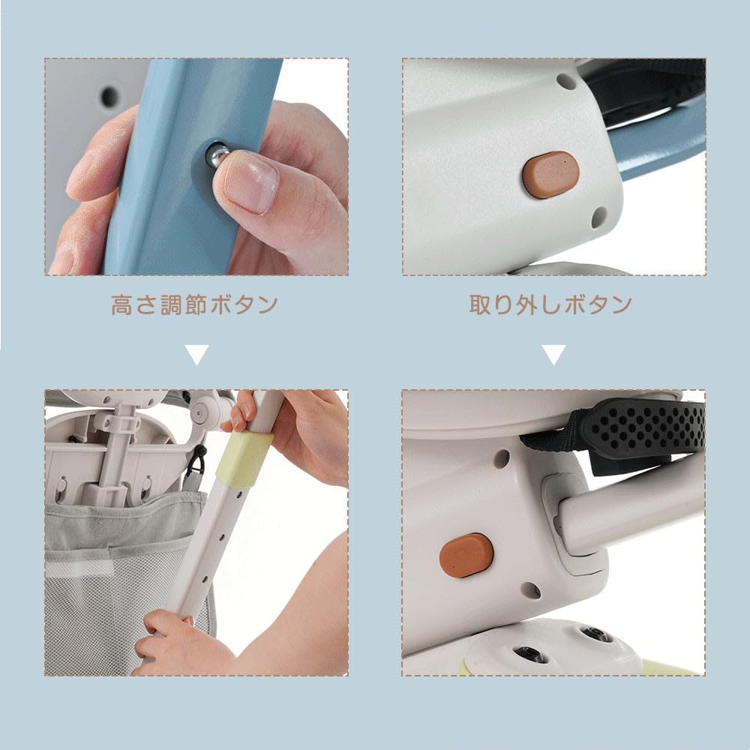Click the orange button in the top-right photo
point(551,174)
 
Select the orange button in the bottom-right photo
point(466,555)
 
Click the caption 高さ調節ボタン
point(195,304)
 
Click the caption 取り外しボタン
point(550,304)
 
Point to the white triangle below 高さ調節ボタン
point(197,355)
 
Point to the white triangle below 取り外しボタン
point(554,355)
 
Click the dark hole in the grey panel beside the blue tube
point(109,97)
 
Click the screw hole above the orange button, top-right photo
point(565,81)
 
